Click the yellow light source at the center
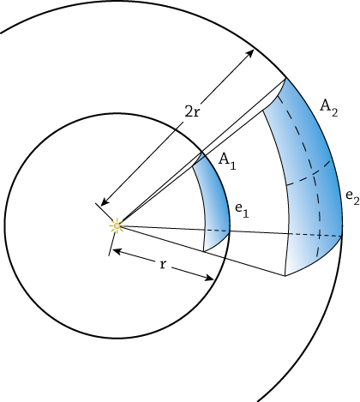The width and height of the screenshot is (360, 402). point(117,225)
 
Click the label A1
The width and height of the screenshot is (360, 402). point(227,162)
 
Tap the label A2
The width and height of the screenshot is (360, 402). point(329,108)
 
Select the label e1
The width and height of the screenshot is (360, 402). point(242,211)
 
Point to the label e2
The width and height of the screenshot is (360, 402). point(352,197)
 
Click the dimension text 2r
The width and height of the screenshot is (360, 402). point(192,111)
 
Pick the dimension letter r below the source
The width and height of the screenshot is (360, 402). point(163,265)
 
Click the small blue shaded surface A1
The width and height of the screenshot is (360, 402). point(213,204)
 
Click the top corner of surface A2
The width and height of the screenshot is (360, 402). point(285,78)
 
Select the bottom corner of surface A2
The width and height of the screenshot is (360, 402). point(285,276)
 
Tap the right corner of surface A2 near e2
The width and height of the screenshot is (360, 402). point(342,236)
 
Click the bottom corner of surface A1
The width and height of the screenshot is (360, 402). point(203,251)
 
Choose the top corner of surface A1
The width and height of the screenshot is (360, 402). point(202,153)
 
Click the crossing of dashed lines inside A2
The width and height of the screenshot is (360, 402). point(314,174)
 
